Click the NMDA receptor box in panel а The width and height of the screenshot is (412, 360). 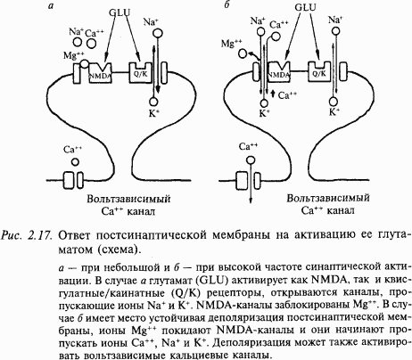coord(100,73)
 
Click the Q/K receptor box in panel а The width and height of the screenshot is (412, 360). coord(140,72)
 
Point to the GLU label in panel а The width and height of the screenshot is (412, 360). coord(119,12)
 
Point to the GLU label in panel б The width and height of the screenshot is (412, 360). coord(305,7)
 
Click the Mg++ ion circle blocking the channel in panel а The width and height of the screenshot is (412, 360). coord(85,63)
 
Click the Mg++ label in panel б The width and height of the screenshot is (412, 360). coord(232,44)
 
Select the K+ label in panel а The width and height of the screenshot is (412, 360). coord(153,113)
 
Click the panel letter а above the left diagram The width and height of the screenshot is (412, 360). coord(51,6)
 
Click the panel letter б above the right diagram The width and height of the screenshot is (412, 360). coord(227,4)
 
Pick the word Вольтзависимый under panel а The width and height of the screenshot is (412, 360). coord(128,199)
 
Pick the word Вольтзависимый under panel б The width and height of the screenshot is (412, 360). coord(328,198)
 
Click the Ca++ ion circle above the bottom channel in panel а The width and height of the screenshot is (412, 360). coord(75,162)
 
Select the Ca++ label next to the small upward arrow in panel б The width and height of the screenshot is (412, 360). coord(287,95)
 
